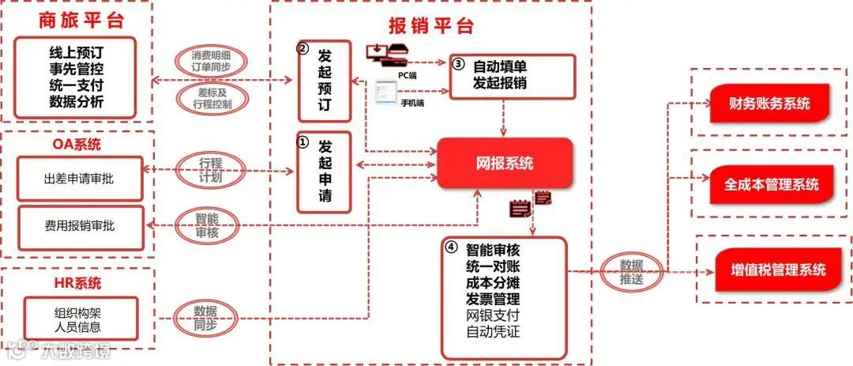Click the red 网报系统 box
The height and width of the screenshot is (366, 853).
point(505,164)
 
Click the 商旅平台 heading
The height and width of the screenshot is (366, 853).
point(77,21)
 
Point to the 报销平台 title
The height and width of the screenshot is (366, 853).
point(431,25)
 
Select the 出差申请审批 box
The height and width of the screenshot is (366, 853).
point(79,179)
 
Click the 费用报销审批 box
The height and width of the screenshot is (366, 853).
point(79,226)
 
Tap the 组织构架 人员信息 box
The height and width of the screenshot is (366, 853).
point(79,319)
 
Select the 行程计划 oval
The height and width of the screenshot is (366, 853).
point(210,171)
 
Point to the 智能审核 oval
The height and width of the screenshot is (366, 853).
point(208,225)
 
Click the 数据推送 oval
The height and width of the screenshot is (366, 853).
point(630,271)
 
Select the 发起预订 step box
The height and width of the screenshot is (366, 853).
point(324,81)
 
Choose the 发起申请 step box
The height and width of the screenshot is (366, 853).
point(324,172)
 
